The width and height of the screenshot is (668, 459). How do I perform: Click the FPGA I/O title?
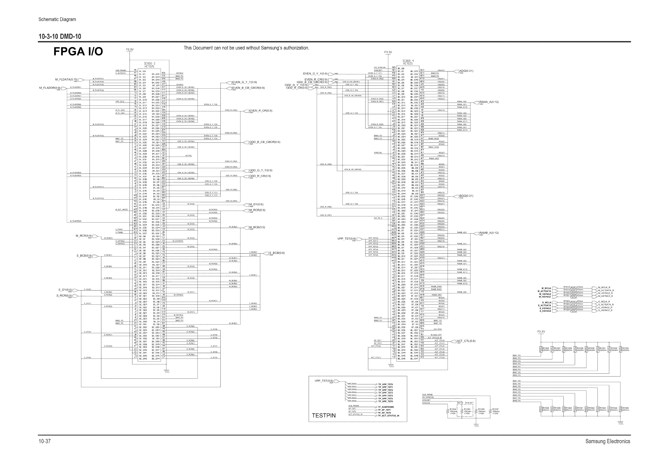point(78,52)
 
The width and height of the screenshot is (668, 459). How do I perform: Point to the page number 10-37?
point(44,441)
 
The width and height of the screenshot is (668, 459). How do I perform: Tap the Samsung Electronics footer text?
point(608,441)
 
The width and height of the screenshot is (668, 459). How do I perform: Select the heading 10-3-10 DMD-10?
point(60,37)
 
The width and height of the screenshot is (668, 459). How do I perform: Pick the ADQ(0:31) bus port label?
point(467,71)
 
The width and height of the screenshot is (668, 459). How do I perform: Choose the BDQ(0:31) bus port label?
point(466,196)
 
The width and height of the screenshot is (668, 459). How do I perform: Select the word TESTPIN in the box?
point(324,415)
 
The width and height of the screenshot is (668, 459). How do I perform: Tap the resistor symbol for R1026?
point(541,349)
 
